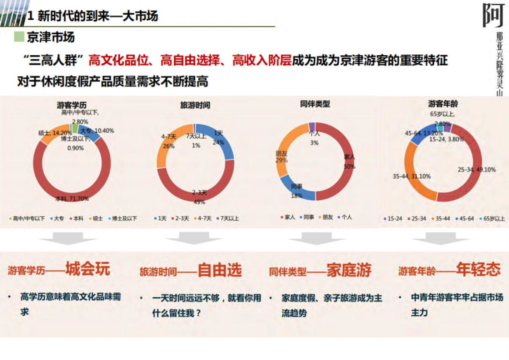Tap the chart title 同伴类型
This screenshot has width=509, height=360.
tap(315, 103)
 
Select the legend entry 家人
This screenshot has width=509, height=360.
tap(288, 217)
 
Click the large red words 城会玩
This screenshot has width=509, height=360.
tap(87, 270)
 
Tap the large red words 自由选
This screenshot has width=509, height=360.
tap(220, 270)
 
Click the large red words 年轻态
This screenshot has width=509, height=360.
tap(478, 270)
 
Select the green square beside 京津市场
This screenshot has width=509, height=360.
tap(19, 37)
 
